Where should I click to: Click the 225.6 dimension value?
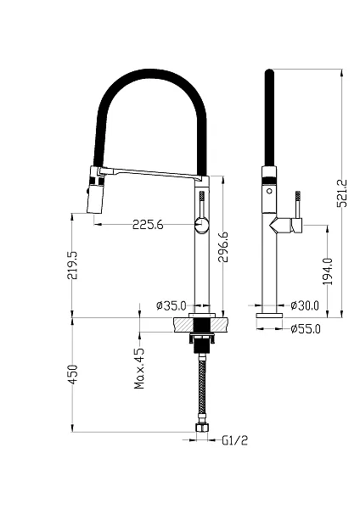click(x=148, y=224)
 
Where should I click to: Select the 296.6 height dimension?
click(x=223, y=247)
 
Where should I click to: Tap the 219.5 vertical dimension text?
click(x=72, y=265)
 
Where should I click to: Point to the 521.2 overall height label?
click(x=342, y=193)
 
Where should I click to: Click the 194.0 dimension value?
click(x=328, y=271)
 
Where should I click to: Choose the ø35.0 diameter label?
click(x=172, y=305)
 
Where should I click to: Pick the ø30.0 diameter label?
click(x=305, y=305)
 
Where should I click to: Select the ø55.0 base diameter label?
click(x=306, y=329)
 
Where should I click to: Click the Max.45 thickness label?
click(x=139, y=368)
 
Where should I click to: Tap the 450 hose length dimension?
click(x=72, y=375)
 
